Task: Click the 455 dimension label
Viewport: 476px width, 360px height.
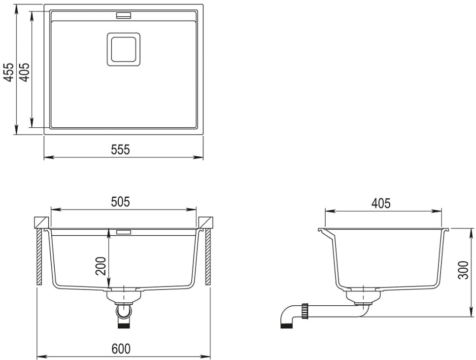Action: [x=10, y=72]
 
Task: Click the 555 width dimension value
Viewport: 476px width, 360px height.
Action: [x=121, y=150]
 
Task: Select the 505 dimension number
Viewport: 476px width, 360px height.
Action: [x=121, y=202]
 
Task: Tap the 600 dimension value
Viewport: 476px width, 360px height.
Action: [x=121, y=349]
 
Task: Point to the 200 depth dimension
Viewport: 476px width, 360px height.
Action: [x=101, y=266]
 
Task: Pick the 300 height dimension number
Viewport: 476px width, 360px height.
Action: [x=464, y=270]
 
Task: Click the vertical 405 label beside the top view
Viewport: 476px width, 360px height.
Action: [x=25, y=72]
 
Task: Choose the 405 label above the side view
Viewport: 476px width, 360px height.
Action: [x=381, y=203]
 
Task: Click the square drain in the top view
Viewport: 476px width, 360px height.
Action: [x=124, y=49]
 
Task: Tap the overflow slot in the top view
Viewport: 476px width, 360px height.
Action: [x=123, y=15]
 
